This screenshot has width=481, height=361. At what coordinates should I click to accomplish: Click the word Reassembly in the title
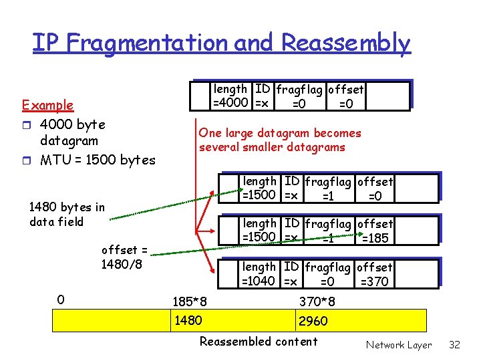[x=345, y=43]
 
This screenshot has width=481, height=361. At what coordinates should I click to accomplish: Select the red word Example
[x=47, y=105]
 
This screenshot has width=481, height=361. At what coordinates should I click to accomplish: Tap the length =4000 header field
[x=230, y=96]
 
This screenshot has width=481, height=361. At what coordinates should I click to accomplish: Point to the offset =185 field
[x=375, y=231]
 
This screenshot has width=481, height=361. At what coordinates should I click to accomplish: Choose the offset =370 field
[x=375, y=274]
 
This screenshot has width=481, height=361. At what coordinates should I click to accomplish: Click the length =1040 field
[x=259, y=274]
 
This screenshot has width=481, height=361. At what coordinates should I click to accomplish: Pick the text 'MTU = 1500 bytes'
[x=98, y=160]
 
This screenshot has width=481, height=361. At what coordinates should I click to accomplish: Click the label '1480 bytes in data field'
[x=67, y=214]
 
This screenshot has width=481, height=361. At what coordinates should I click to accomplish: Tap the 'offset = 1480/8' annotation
[x=124, y=257]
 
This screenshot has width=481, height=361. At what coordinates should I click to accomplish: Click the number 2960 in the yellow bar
[x=313, y=322]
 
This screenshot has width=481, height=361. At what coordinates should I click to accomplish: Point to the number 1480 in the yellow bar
[x=188, y=321]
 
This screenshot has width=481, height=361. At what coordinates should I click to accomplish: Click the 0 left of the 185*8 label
[x=60, y=300]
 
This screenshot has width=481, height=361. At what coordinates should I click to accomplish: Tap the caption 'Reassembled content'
[x=259, y=342]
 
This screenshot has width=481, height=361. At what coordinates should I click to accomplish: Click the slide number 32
[x=455, y=345]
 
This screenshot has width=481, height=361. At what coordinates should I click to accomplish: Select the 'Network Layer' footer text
[x=398, y=345]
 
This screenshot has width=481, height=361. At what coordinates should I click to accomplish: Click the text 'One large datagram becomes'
[x=279, y=133]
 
